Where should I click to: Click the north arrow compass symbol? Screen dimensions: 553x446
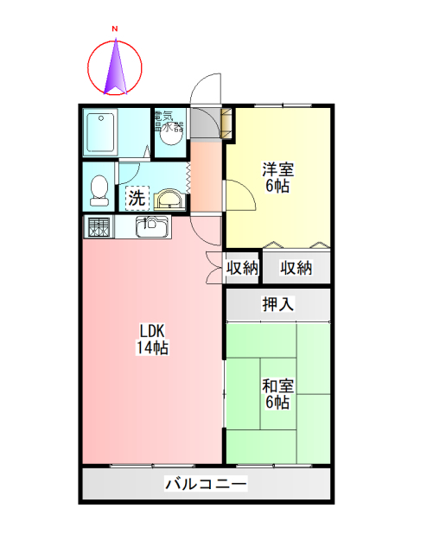click(115, 67)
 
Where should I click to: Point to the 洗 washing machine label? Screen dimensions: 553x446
click(137, 198)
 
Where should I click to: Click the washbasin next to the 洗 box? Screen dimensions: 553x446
click(169, 200)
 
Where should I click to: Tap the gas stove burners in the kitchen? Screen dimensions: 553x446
click(98, 228)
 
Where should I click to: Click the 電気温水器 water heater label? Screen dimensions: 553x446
click(168, 122)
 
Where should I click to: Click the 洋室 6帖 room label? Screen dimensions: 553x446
click(277, 178)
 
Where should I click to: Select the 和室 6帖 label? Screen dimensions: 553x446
click(277, 395)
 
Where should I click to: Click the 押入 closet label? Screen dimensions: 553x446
click(278, 304)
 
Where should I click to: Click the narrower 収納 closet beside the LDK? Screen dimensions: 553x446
click(242, 268)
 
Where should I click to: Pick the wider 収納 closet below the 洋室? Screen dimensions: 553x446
click(296, 268)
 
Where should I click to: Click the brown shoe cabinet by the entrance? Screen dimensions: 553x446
click(227, 123)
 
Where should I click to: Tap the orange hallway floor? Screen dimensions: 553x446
click(206, 177)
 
